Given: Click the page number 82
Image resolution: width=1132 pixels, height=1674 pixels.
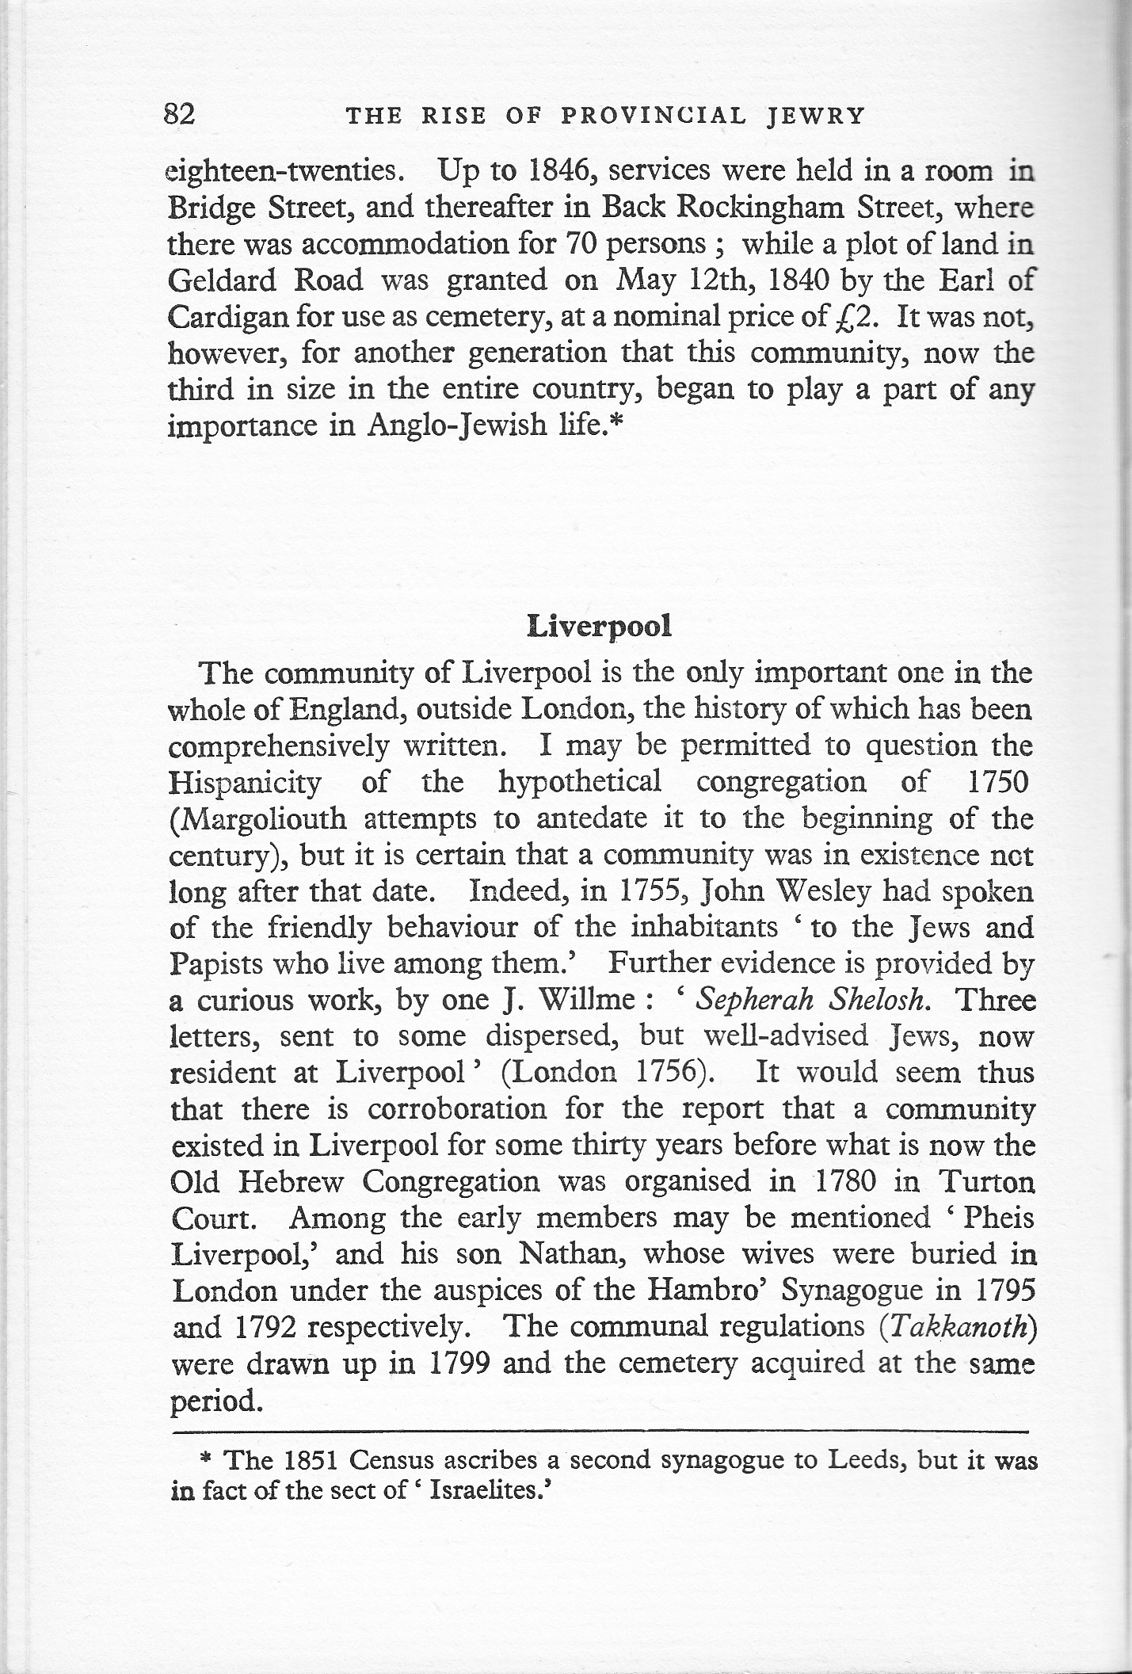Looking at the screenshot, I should [179, 115].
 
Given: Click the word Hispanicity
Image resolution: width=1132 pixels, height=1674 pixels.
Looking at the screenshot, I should [246, 783].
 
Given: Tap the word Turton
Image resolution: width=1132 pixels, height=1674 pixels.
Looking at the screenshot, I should [986, 1182].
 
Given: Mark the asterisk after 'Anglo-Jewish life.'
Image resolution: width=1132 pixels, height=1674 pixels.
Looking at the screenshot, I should [619, 424].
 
